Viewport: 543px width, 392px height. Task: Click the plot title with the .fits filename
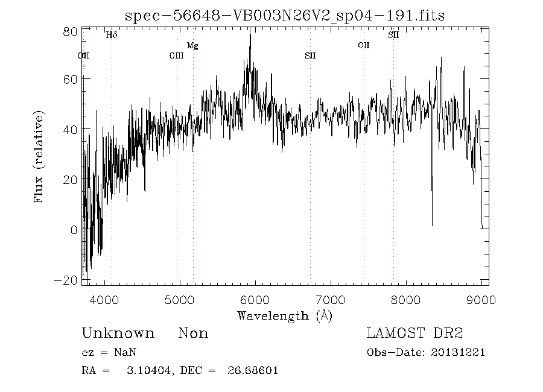point(284,16)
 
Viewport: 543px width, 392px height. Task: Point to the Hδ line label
point(112,35)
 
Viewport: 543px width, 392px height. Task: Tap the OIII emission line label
point(176,56)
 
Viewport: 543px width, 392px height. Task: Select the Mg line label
point(192,46)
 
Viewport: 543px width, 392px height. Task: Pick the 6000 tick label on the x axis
point(255,300)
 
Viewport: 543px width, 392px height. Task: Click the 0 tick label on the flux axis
point(73,230)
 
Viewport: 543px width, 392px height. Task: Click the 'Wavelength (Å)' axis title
point(284,315)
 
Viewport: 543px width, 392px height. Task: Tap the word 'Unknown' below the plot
point(118,334)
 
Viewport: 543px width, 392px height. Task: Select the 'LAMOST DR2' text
point(414,334)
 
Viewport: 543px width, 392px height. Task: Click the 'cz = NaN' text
point(104,352)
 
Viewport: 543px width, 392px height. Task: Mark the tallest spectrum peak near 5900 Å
point(250,31)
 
